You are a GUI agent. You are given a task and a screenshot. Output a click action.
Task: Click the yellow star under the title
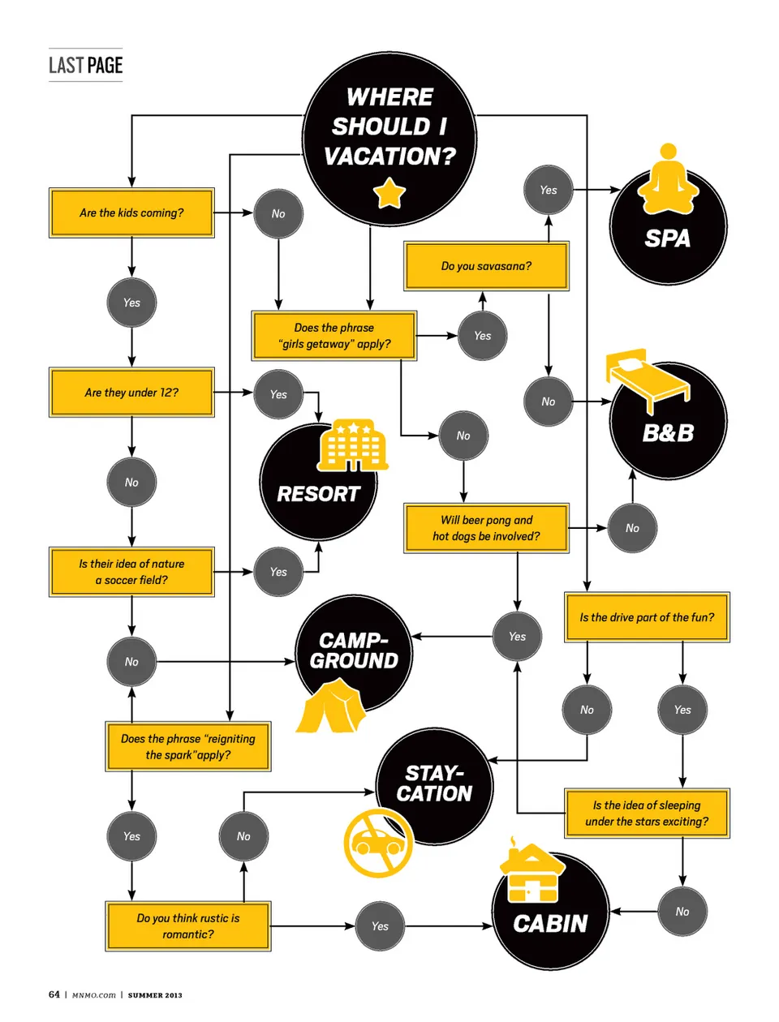click(x=389, y=194)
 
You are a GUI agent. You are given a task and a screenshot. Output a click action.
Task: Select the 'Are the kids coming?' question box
click(x=131, y=213)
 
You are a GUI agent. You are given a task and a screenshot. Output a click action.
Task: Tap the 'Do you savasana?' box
click(x=486, y=266)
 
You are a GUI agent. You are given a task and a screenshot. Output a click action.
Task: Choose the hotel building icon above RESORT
click(x=352, y=445)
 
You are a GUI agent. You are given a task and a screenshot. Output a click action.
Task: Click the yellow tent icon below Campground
click(x=331, y=707)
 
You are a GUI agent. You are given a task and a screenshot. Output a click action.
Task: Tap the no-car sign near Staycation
click(x=378, y=842)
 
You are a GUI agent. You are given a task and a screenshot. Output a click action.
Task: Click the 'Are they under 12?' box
click(x=131, y=393)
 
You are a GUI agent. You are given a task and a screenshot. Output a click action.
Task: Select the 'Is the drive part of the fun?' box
click(x=647, y=617)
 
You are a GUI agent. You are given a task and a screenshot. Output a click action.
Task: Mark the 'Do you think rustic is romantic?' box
click(x=187, y=926)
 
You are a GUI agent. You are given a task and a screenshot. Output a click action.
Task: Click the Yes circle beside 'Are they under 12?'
click(x=278, y=394)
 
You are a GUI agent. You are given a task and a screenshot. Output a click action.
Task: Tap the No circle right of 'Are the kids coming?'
click(x=278, y=214)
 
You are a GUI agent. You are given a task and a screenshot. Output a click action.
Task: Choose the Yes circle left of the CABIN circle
click(x=380, y=926)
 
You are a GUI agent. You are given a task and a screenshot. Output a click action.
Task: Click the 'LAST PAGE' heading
click(x=85, y=66)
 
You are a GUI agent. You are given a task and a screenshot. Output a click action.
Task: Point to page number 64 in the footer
click(x=54, y=994)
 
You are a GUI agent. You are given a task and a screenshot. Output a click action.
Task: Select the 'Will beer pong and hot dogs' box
click(x=486, y=528)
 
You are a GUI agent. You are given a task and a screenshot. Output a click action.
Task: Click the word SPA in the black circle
click(x=667, y=238)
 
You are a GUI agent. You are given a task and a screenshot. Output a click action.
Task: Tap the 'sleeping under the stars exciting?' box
click(x=647, y=814)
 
